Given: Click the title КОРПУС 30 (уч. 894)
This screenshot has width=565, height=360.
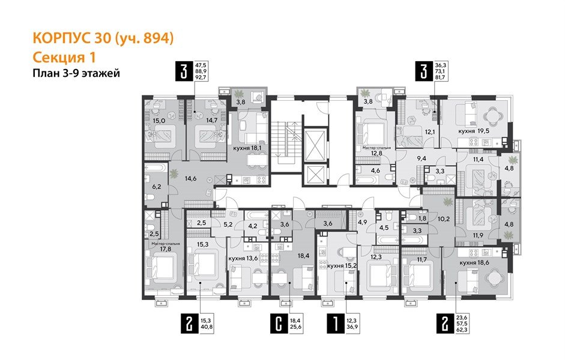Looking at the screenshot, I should (103, 40).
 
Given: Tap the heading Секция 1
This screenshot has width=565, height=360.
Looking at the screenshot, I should (64, 57).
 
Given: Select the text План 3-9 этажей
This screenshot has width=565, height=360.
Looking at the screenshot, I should (76, 74).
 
